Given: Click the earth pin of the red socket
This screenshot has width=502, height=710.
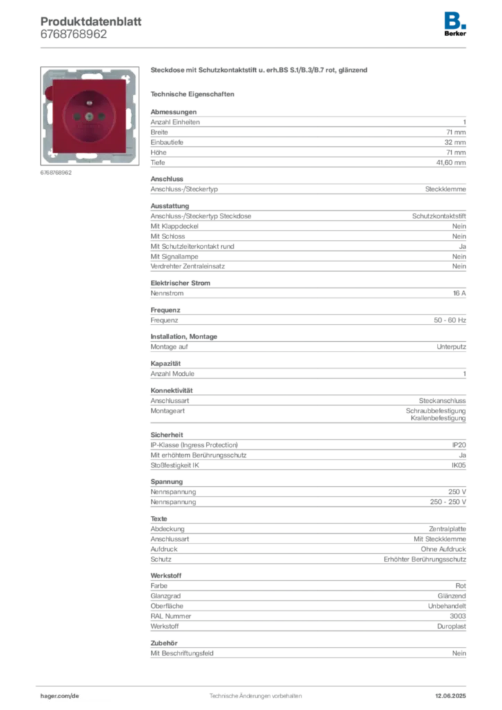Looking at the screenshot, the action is tap(89, 101).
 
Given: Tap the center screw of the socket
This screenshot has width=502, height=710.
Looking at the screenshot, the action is tap(89, 116).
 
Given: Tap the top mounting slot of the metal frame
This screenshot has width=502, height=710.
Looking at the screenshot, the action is tap(89, 73).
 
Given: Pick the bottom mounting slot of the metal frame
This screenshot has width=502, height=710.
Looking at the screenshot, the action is tap(89, 160).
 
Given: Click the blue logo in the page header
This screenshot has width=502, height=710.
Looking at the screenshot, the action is tap(456, 19).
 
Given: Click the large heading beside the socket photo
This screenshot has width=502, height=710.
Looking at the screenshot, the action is tap(260, 71).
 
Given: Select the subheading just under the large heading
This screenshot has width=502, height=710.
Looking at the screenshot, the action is tap(194, 93).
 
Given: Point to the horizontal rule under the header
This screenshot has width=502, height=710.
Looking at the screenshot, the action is tap(255, 47).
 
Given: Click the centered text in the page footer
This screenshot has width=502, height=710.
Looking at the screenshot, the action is tap(255, 693).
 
